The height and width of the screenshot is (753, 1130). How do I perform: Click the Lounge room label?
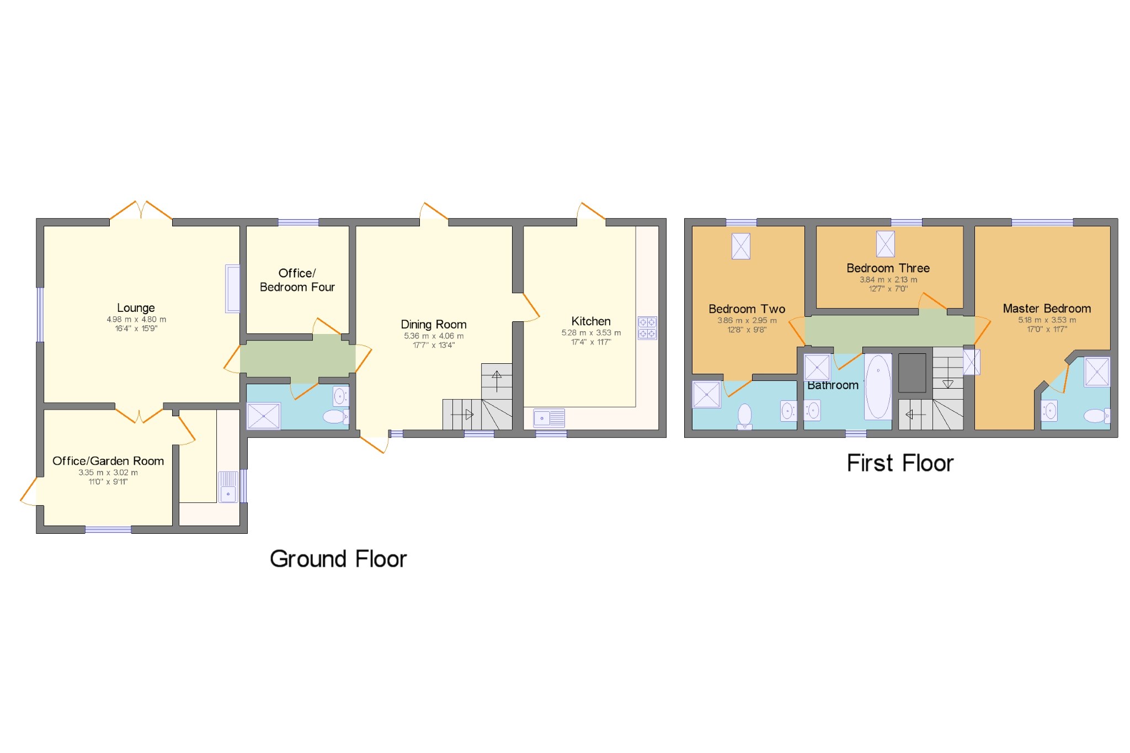[136, 308]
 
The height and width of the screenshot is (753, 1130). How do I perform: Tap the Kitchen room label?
[590, 321]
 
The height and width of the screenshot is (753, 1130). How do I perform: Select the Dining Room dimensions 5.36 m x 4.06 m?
[433, 336]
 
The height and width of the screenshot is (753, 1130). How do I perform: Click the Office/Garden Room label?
[108, 461]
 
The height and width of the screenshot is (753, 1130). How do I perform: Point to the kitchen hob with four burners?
[647, 328]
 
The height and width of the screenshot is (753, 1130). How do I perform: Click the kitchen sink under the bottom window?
[548, 418]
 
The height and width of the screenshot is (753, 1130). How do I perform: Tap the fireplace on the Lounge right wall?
[232, 289]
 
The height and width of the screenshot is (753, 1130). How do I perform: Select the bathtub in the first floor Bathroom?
[877, 386]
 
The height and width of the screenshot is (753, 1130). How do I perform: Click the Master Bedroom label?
[1046, 309]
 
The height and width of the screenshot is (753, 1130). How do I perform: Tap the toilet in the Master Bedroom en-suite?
[1096, 416]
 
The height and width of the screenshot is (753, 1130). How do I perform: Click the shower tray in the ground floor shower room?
[264, 416]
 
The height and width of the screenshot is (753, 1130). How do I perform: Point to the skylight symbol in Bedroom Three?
[885, 243]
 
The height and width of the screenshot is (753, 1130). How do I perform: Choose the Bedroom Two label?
[747, 309]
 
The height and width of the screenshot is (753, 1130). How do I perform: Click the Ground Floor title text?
[338, 559]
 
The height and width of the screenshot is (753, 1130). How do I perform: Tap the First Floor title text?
[899, 463]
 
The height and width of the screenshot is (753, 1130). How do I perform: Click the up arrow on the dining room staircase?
[497, 380]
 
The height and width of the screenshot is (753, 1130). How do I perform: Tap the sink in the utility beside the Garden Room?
[228, 487]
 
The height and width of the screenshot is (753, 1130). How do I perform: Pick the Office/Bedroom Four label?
[297, 280]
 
